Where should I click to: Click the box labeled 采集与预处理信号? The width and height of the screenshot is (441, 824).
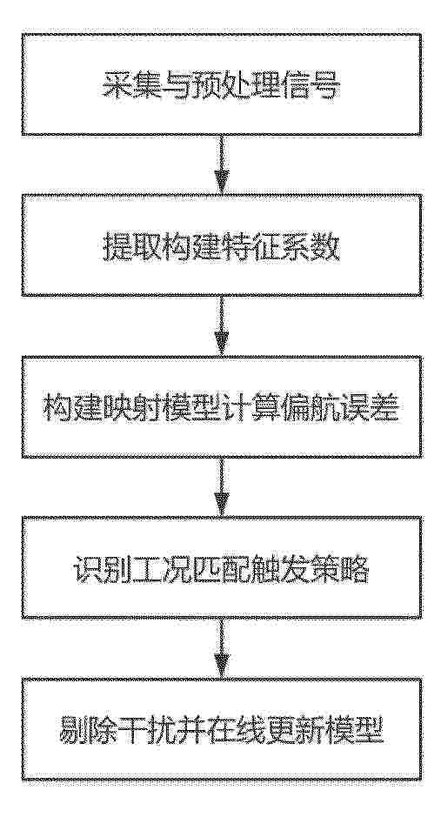click(221, 84)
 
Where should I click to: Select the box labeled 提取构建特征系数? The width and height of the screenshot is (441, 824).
click(221, 245)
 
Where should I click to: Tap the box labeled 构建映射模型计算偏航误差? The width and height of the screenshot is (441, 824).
click(221, 406)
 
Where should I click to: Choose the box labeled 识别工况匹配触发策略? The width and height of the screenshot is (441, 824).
click(221, 567)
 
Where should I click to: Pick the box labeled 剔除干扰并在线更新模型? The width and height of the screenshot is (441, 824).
click(221, 729)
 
